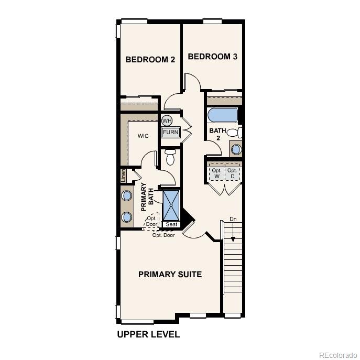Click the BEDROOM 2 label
click(150, 60)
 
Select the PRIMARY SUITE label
click(170, 274)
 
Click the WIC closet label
click(143, 136)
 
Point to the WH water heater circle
click(167, 121)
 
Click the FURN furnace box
click(170, 132)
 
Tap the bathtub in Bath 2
click(222, 115)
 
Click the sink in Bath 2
click(236, 149)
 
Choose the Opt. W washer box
click(216, 173)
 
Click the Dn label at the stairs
click(233, 219)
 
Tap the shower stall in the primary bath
click(171, 205)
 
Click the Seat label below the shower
click(171, 224)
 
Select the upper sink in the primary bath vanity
click(127, 197)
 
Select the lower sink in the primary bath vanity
click(127, 216)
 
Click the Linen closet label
click(123, 175)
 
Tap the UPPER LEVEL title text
click(148, 334)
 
